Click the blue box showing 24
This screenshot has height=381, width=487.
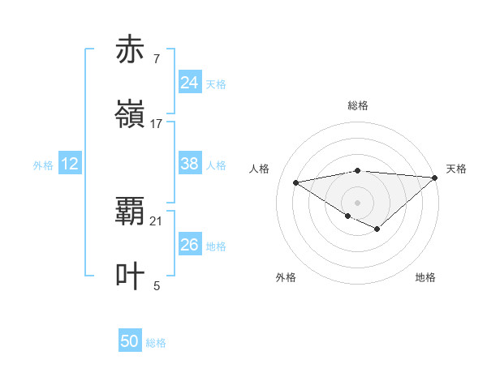coord(189,82)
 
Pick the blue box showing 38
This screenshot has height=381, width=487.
coord(189,164)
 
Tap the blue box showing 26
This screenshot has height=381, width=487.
coord(189,244)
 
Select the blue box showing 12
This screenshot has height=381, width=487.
coord(69,164)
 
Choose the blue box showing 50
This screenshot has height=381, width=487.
coord(130,341)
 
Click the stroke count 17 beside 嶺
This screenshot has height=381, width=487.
coord(157,124)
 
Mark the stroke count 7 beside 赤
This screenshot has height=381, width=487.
coord(156,58)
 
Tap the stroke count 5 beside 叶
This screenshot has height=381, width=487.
coord(157,285)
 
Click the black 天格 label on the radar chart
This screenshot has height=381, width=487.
coord(456,169)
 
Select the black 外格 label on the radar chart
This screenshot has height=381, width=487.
coord(286,277)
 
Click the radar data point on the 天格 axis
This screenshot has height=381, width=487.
coord(435,178)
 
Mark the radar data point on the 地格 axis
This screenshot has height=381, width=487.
coord(377,229)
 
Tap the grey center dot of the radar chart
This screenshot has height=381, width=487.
coord(358,201)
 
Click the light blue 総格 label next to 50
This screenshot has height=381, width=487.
coord(156,343)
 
